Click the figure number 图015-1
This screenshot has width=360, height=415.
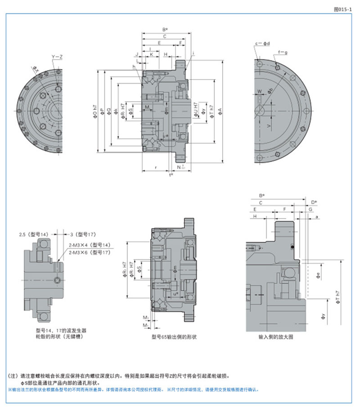pyautogui.click(x=343, y=8)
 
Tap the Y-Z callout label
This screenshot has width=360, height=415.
pyautogui.click(x=57, y=57)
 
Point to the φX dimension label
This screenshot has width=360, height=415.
pyautogui.click(x=35, y=69)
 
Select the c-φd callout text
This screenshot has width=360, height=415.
pyautogui.click(x=262, y=44)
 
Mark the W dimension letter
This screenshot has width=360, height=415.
pyautogui.click(x=260, y=91)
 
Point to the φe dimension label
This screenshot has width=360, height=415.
pyautogui.click(x=318, y=274)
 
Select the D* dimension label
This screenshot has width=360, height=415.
pyautogui.click(x=314, y=202)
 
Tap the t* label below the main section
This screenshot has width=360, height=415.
pyautogui.click(x=171, y=174)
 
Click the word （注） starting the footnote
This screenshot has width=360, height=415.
pyautogui.click(x=14, y=375)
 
